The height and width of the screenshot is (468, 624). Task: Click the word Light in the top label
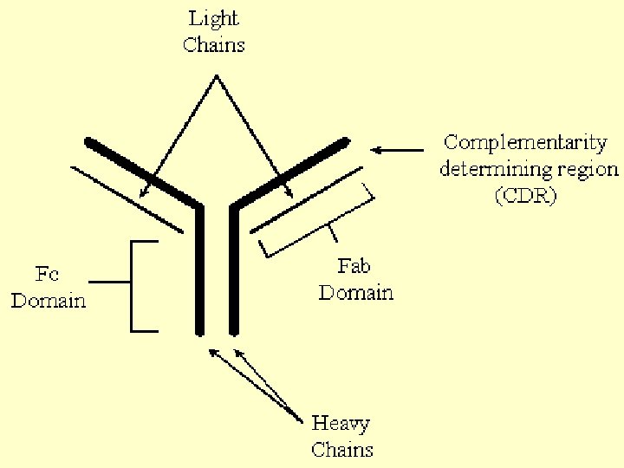[215, 19]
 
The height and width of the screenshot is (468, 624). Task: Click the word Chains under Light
[215, 44]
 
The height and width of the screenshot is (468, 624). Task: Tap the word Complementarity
[525, 143]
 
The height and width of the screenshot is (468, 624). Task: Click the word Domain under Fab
[355, 292]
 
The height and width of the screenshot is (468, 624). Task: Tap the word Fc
[48, 276]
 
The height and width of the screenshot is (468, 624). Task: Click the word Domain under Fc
[49, 301]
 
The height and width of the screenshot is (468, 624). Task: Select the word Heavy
[341, 424]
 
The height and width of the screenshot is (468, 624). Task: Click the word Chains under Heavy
[342, 449]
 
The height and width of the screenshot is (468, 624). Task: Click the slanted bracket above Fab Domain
[321, 221]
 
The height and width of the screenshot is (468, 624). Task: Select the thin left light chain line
[126, 198]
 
